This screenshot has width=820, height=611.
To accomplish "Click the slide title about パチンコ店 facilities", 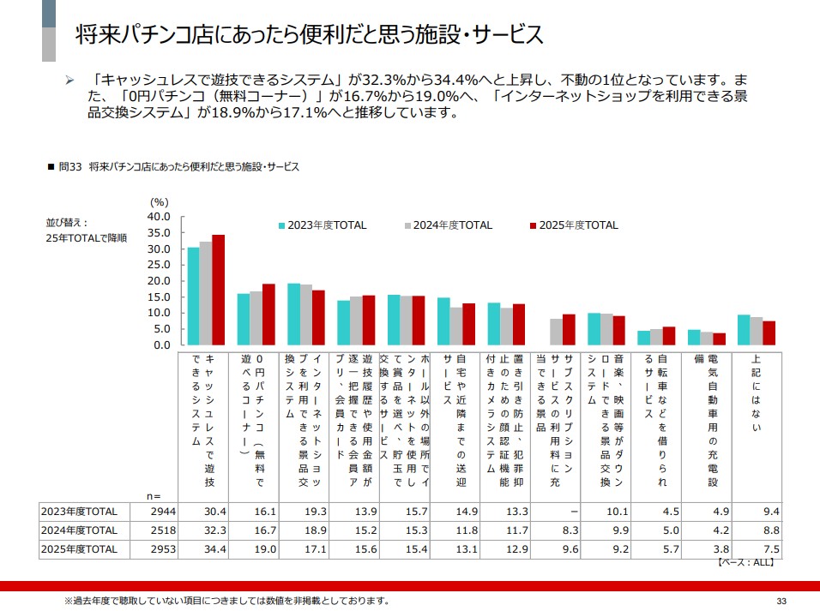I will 309,35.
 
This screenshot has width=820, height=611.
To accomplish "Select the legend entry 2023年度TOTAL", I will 322,225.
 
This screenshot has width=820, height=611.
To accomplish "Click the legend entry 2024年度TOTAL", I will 448,225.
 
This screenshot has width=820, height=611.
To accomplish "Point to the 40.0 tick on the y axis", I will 160,217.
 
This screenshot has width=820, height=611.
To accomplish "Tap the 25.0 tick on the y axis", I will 160,265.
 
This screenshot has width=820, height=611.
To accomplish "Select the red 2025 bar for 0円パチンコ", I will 268,314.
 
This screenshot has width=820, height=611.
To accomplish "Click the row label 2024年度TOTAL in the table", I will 79,530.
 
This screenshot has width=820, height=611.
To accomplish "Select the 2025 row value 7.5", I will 770,548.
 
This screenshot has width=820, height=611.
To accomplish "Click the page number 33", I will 781,600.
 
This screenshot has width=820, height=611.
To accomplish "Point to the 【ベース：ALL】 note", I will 745,563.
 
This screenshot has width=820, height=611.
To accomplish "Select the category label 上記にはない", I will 756,394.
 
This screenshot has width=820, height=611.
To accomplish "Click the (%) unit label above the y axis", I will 160,201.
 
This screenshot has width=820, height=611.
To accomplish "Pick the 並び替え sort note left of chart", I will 86,230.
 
